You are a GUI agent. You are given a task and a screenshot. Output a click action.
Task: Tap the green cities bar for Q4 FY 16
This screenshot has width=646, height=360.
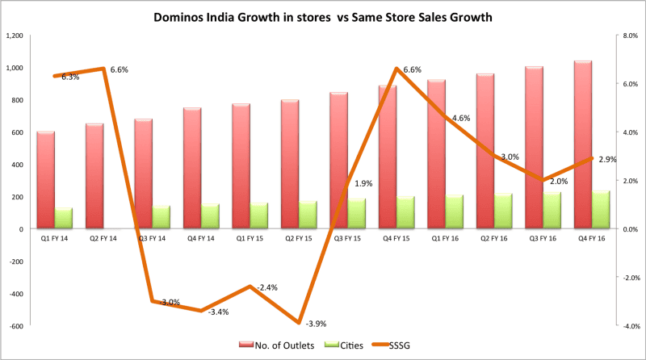pos(602,210)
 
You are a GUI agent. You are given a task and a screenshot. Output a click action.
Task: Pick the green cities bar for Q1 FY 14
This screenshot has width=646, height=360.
pos(65,219)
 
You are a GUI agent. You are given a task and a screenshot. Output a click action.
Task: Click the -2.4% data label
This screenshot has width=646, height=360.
pos(267,287)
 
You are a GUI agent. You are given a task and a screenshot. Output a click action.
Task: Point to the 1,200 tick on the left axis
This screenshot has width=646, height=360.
pos(15,36)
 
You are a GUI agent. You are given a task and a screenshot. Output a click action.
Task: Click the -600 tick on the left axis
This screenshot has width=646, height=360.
pos(17,326)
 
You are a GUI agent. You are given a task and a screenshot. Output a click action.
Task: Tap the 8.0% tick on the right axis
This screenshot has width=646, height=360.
pos(629,36)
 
